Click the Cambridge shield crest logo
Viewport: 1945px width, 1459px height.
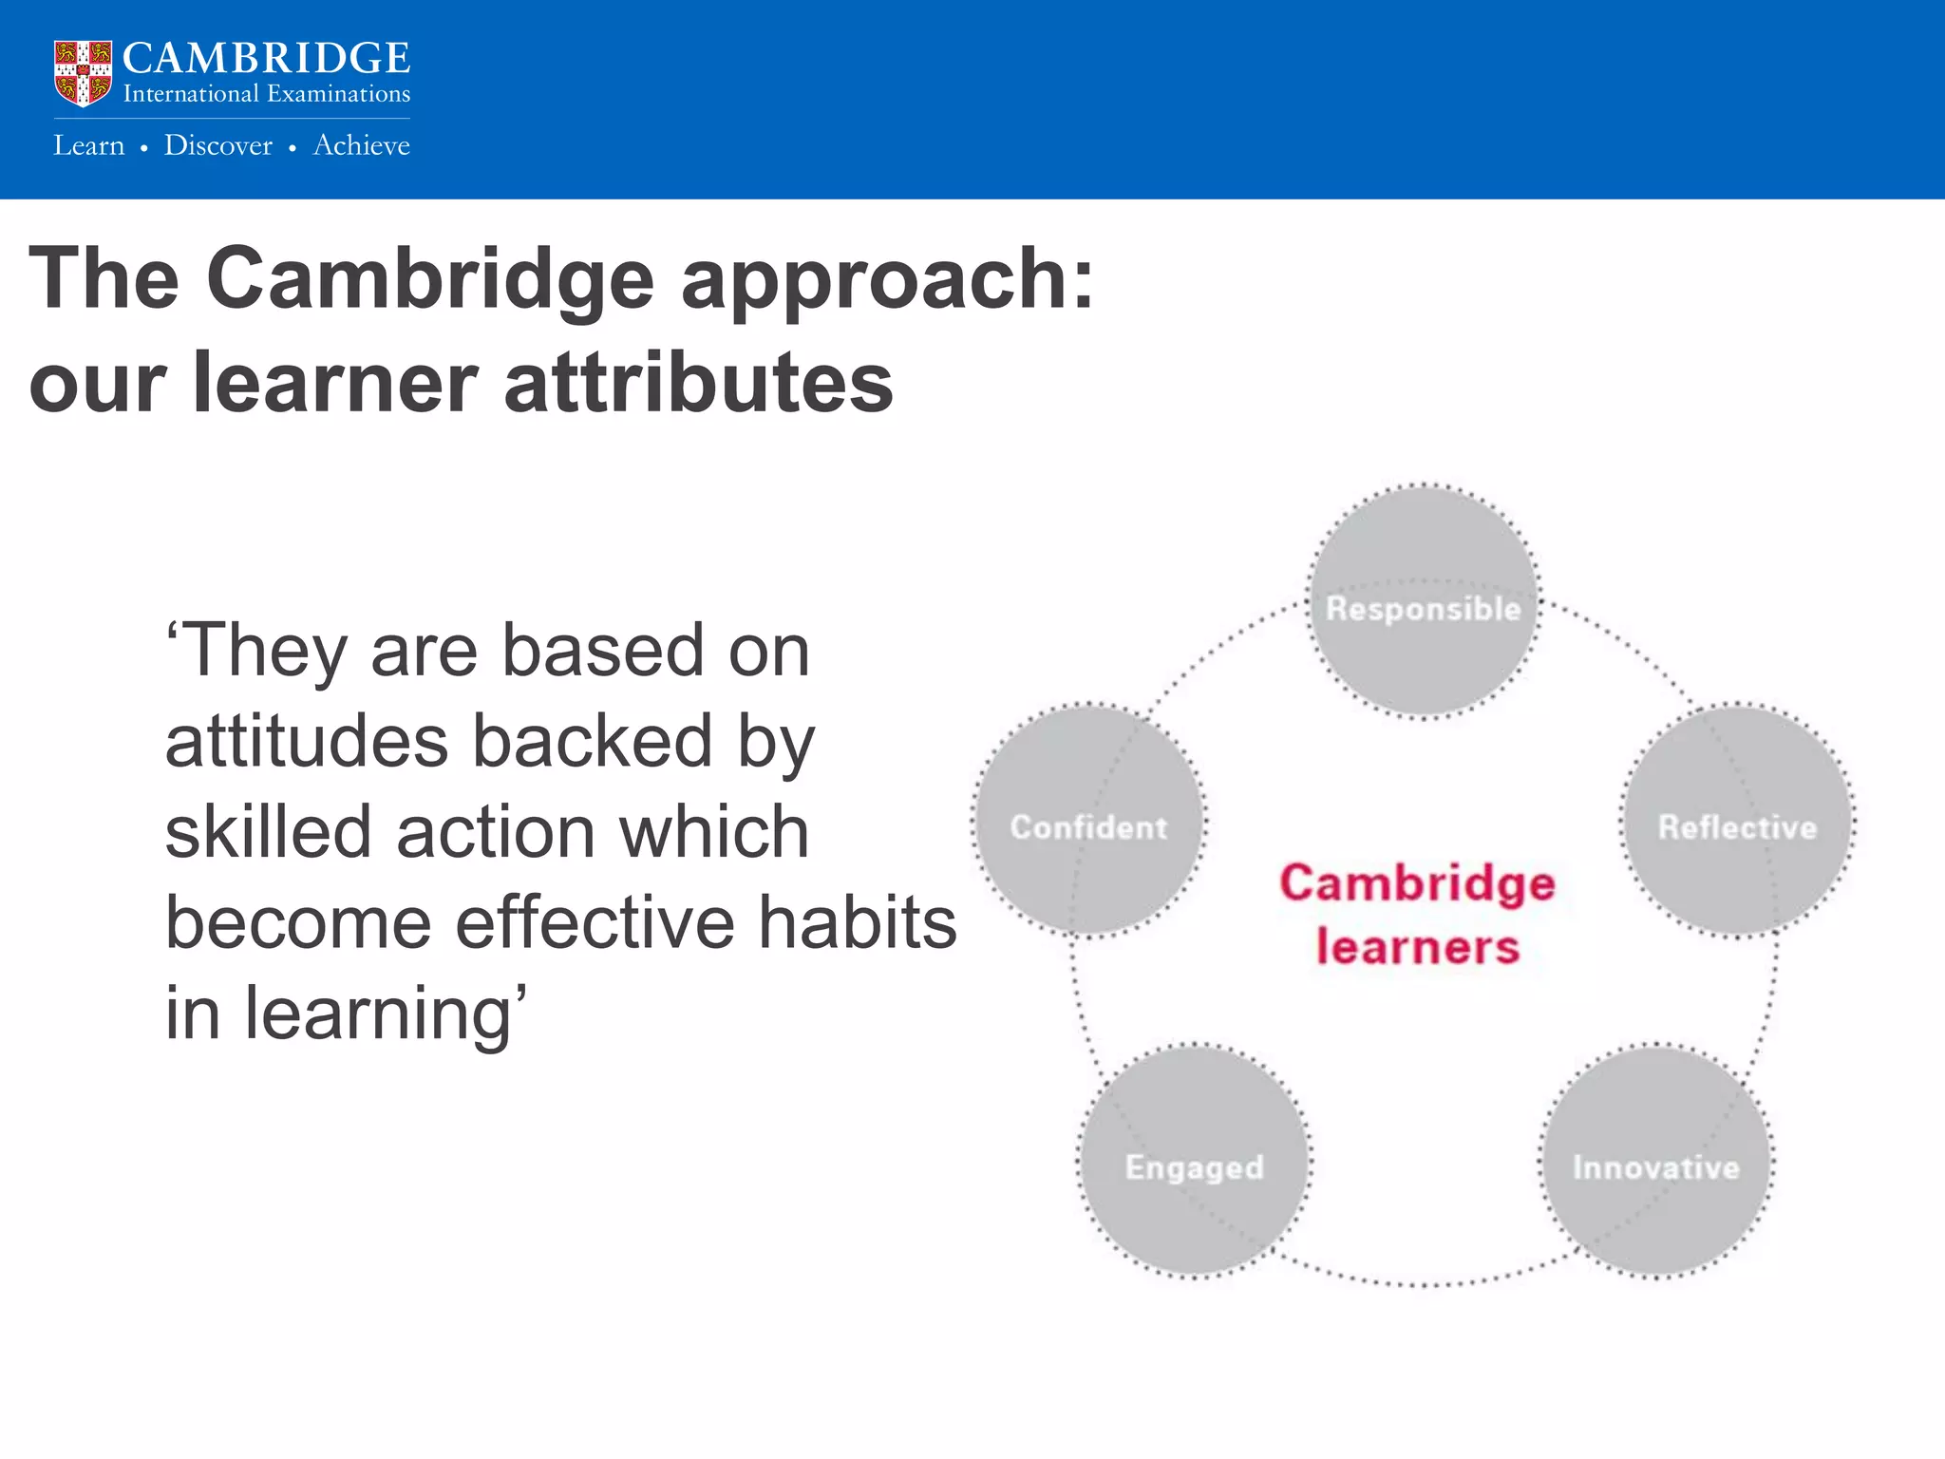click(83, 73)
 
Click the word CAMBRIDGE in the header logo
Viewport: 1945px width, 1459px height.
click(266, 59)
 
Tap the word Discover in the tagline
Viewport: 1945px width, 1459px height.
click(217, 145)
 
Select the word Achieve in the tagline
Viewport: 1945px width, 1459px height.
click(362, 145)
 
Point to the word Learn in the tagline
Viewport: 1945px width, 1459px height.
click(89, 145)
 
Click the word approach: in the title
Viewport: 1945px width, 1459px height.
click(888, 279)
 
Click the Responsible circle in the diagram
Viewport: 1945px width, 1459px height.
click(1423, 600)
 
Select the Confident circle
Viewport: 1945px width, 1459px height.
click(1088, 822)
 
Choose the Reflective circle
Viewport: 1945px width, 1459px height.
click(1737, 822)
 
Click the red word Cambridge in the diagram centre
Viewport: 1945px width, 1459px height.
click(1417, 884)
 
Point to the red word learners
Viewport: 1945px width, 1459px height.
click(1417, 948)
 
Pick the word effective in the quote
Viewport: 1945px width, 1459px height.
click(595, 923)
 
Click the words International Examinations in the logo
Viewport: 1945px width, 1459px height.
click(266, 94)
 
